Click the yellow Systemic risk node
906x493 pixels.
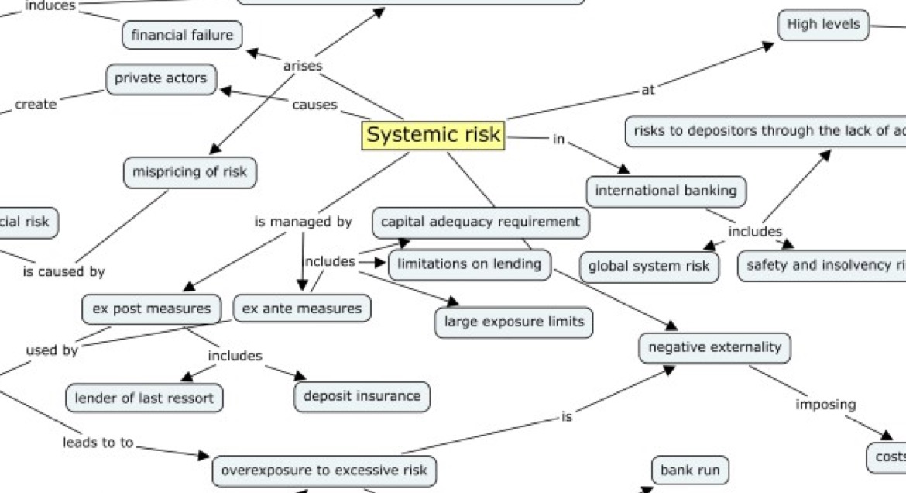[x=433, y=136]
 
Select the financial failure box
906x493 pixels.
[x=182, y=35]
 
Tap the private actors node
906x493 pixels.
[x=161, y=79]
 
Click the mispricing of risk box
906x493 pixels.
[x=190, y=172]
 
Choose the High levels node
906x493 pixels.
[x=823, y=25]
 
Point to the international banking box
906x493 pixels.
[x=666, y=191]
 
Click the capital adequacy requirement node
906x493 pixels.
[x=480, y=222]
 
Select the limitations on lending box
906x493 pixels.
[x=469, y=264]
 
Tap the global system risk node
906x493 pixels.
[x=649, y=267]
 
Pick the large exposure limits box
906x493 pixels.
[x=514, y=322]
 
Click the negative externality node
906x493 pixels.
[x=715, y=347]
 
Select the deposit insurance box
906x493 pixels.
[x=362, y=396]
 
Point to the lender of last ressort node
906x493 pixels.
[x=145, y=398]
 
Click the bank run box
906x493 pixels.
[x=690, y=470]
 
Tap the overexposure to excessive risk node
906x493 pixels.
[x=324, y=470]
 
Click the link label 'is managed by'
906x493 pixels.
[x=304, y=222]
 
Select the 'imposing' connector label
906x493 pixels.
[x=825, y=405]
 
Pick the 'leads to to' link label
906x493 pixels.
[x=98, y=443]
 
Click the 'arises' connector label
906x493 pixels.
[x=303, y=67]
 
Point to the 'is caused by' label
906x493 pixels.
[x=63, y=272]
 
